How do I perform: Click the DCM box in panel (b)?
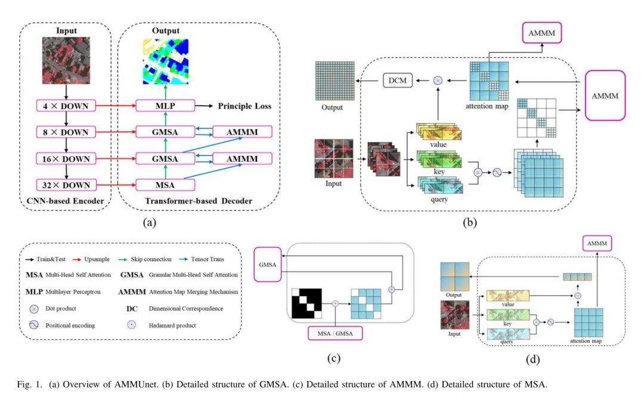pyautogui.click(x=398, y=79)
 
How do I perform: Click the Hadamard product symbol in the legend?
pyautogui.click(x=135, y=326)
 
